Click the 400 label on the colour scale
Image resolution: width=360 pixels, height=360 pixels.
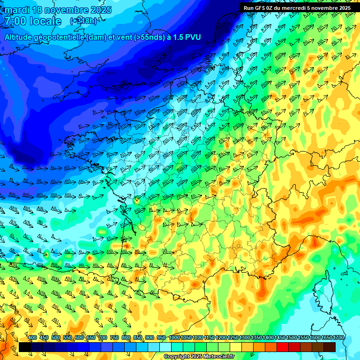click(x=32, y=337)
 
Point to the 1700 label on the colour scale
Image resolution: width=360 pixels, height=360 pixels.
click(x=338, y=337)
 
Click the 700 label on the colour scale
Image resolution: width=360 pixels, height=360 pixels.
click(x=103, y=337)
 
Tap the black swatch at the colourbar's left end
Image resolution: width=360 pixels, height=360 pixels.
click(x=24, y=347)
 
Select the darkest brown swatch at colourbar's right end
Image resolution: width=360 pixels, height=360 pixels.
click(x=330, y=347)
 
